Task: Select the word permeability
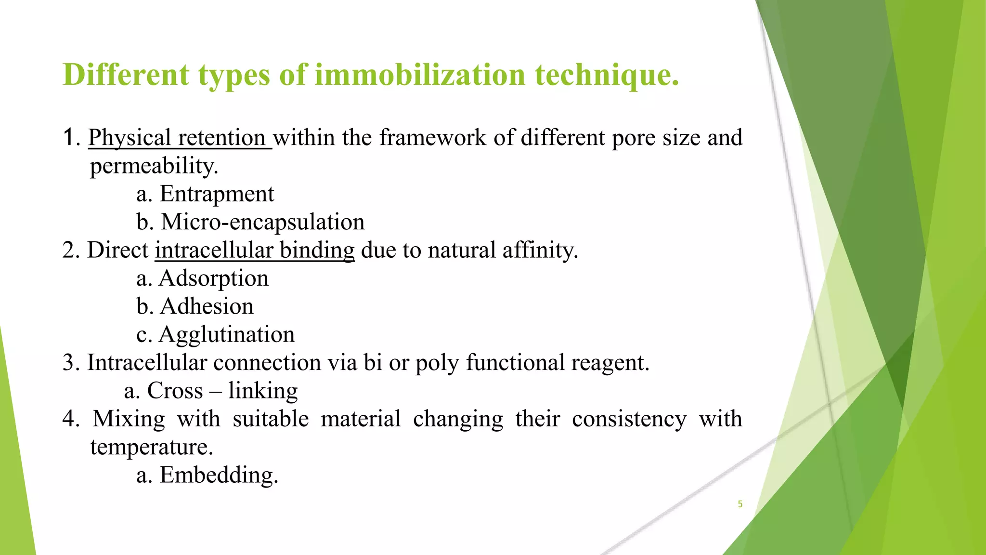coord(154,166)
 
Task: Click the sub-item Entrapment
coord(217,194)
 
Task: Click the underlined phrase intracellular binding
coord(254,251)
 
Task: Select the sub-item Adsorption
coord(213,278)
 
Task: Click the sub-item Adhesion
coord(207,306)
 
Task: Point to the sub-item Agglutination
coord(226,334)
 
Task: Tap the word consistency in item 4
coord(629,419)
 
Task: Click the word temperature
coord(151,447)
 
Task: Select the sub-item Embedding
coord(219,475)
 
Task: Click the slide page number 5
coord(740,504)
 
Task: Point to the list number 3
coord(70,363)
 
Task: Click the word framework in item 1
coord(432,138)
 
